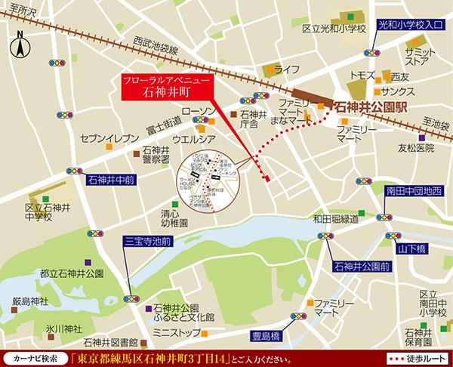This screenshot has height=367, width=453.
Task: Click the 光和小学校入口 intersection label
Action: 408,25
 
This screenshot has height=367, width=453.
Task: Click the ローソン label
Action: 199,111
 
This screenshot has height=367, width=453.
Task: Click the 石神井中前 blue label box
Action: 111,180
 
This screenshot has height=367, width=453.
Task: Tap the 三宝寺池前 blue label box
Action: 149,243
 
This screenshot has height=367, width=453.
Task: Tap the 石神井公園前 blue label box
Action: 361,267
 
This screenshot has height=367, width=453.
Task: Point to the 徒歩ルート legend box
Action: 414,356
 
